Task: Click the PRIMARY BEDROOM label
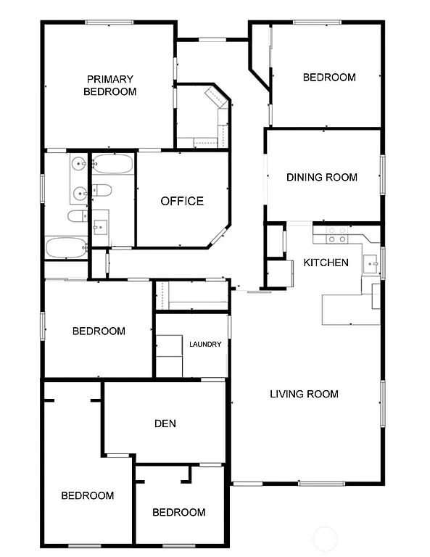pos(109,86)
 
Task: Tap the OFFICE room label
pos(182,201)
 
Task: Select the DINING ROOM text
pos(321,177)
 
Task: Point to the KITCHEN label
pos(326,263)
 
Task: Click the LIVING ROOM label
pos(304,394)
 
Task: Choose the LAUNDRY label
pos(205,344)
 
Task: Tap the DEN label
pos(165,424)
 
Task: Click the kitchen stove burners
pos(336,234)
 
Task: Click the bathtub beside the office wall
pos(112,165)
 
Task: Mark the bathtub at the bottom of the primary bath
pos(66,247)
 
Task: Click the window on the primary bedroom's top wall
pos(109,22)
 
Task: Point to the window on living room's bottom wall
pos(321,483)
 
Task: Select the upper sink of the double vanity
pos(78,165)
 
